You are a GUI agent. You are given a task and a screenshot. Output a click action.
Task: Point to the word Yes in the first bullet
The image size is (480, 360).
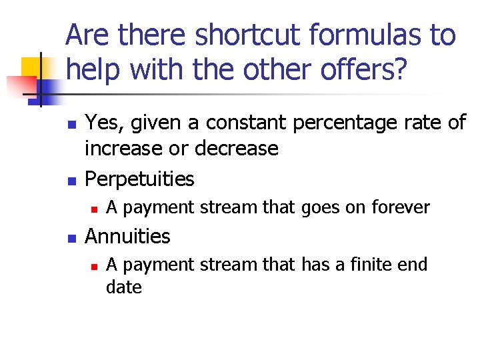102,123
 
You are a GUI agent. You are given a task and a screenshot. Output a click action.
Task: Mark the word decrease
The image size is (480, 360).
237,148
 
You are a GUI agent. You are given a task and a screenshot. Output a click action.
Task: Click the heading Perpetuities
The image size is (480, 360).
140,179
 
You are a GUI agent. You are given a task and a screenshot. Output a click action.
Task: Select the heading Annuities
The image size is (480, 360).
128,236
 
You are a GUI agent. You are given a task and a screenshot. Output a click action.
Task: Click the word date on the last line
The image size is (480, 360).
124,287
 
